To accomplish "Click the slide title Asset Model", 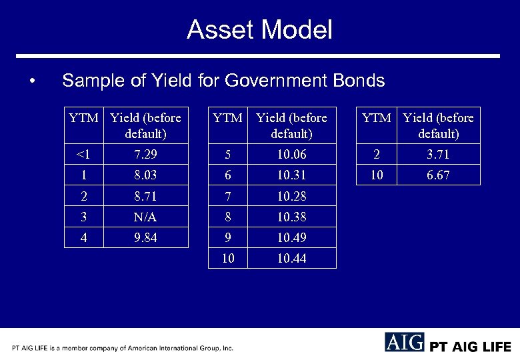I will tap(259, 30).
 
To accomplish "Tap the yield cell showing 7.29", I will tap(145, 155).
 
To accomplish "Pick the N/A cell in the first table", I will tap(145, 217).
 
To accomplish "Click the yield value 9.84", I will tap(145, 237).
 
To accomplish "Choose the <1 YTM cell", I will tap(83, 155).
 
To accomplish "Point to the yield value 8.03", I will tap(145, 175).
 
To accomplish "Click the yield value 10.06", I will tap(291, 155).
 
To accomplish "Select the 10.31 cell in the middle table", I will tap(291, 175).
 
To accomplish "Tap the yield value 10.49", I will tap(291, 237).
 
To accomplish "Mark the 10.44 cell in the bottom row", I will tap(291, 258).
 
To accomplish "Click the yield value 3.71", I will tap(438, 155).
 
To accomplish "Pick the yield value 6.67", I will tap(438, 175).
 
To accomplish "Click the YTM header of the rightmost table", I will tap(376, 118).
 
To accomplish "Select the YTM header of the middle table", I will tap(227, 118).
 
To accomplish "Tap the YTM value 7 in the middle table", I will tap(227, 196).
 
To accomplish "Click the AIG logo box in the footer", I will tap(404, 342).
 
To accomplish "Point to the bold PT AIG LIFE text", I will tap(470, 347).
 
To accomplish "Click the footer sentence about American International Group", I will tap(123, 348).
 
